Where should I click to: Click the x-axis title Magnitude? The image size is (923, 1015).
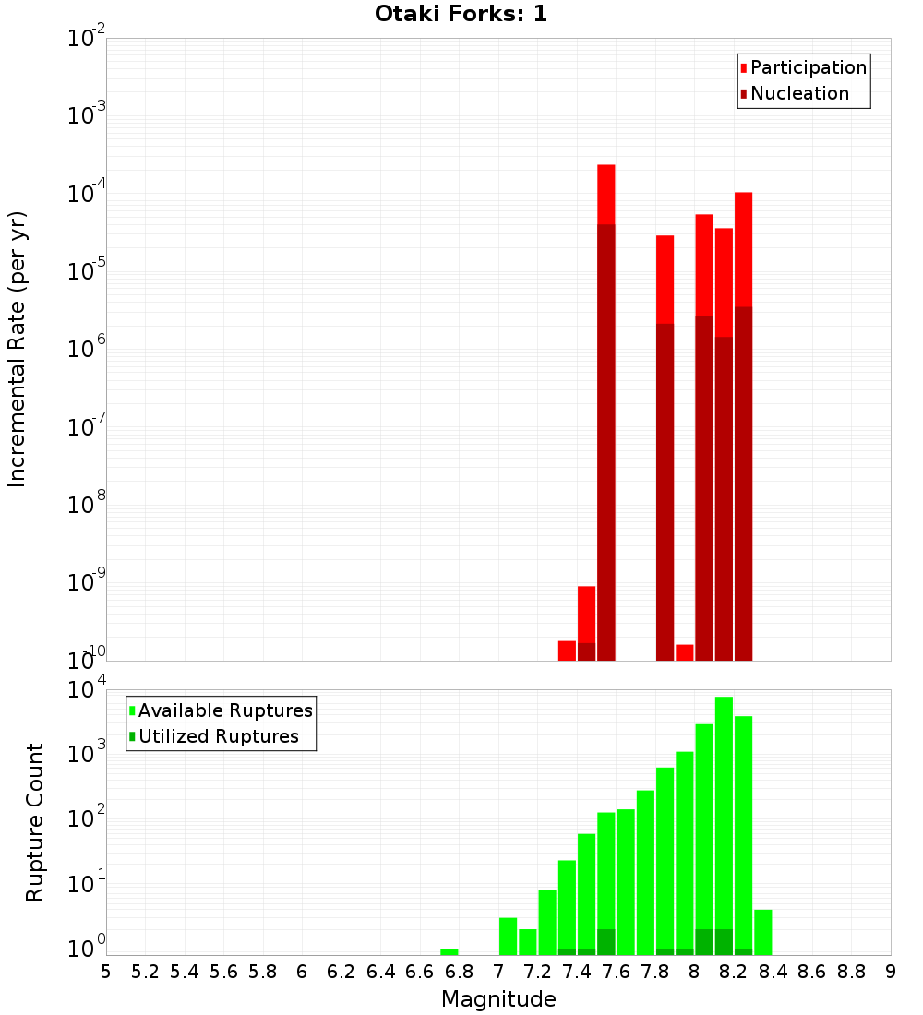(x=498, y=998)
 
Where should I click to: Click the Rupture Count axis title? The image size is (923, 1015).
(x=35, y=821)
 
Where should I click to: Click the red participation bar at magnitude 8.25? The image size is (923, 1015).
(x=744, y=249)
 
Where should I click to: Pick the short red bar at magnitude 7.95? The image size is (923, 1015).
(x=685, y=652)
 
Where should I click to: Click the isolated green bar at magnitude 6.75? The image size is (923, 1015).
(x=450, y=951)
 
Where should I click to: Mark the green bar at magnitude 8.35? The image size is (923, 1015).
(x=763, y=932)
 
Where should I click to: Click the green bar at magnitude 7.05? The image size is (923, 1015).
(x=508, y=936)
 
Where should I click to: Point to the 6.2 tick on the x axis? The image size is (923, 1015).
(x=342, y=972)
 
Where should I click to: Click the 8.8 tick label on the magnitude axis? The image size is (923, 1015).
(x=851, y=972)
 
